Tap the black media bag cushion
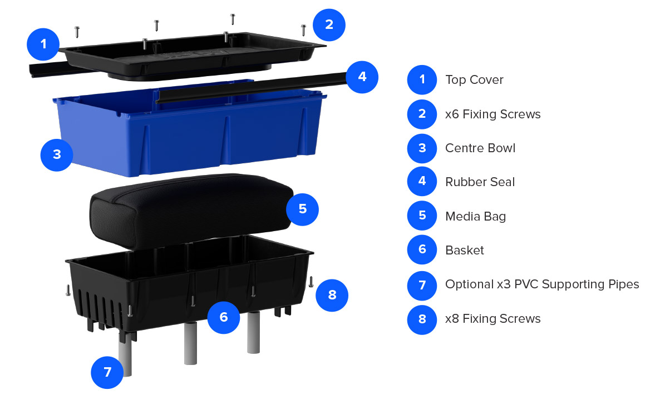[190, 211]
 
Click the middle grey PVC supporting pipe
[190, 343]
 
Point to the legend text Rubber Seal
[480, 182]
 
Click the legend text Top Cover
[474, 79]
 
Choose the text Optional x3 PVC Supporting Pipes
[542, 284]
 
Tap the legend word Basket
[465, 250]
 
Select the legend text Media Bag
[475, 217]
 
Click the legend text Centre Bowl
[480, 148]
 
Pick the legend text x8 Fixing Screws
[493, 319]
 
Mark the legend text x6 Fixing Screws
[493, 114]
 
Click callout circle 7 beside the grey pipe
[107, 372]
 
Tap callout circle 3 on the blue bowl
[57, 155]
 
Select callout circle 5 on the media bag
[302, 209]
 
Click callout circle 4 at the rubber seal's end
[362, 77]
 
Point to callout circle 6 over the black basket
[224, 317]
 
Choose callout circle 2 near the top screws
[329, 25]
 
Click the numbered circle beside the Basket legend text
[422, 249]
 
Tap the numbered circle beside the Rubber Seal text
[422, 182]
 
